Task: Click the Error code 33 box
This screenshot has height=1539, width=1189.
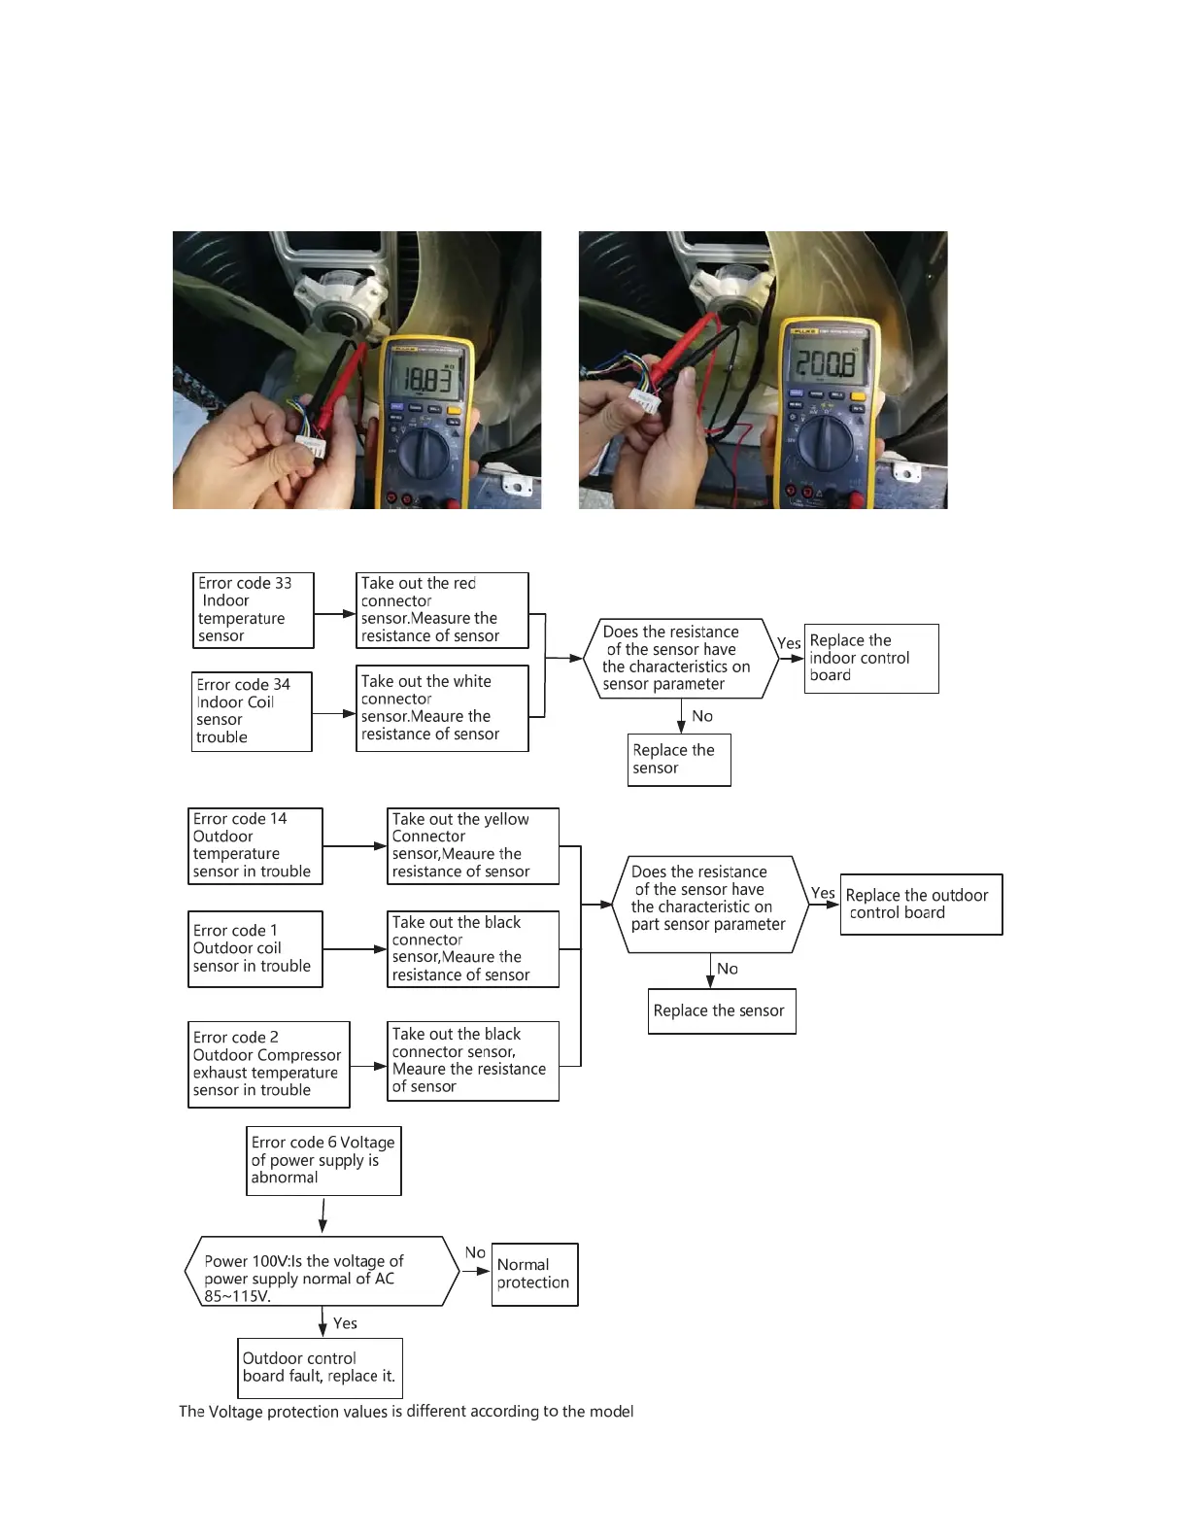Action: click(254, 610)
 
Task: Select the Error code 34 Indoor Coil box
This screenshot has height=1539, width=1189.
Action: click(252, 711)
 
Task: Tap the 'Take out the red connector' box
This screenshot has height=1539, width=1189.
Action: click(442, 610)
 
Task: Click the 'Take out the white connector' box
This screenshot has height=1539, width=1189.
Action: click(442, 708)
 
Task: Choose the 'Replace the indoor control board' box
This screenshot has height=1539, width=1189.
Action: click(871, 658)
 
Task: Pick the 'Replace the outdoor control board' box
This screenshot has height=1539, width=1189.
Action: click(921, 905)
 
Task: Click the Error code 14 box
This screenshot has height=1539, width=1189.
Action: click(255, 846)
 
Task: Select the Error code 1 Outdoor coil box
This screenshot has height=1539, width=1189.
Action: click(255, 948)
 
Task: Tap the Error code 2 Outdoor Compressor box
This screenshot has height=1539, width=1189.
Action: click(268, 1064)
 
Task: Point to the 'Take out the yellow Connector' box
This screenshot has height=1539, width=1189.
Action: click(473, 846)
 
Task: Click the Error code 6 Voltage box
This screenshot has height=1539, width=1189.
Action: click(323, 1160)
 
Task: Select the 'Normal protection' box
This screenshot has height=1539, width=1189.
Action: click(534, 1274)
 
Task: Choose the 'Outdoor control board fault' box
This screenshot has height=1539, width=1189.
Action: click(320, 1368)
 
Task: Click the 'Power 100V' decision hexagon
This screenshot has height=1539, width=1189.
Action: click(322, 1271)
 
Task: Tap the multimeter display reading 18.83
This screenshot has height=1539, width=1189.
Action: click(428, 378)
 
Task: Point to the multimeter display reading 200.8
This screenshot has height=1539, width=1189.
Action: click(826, 364)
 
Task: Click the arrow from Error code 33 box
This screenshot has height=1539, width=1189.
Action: click(335, 614)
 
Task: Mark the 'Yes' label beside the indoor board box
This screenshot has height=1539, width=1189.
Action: click(789, 643)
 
